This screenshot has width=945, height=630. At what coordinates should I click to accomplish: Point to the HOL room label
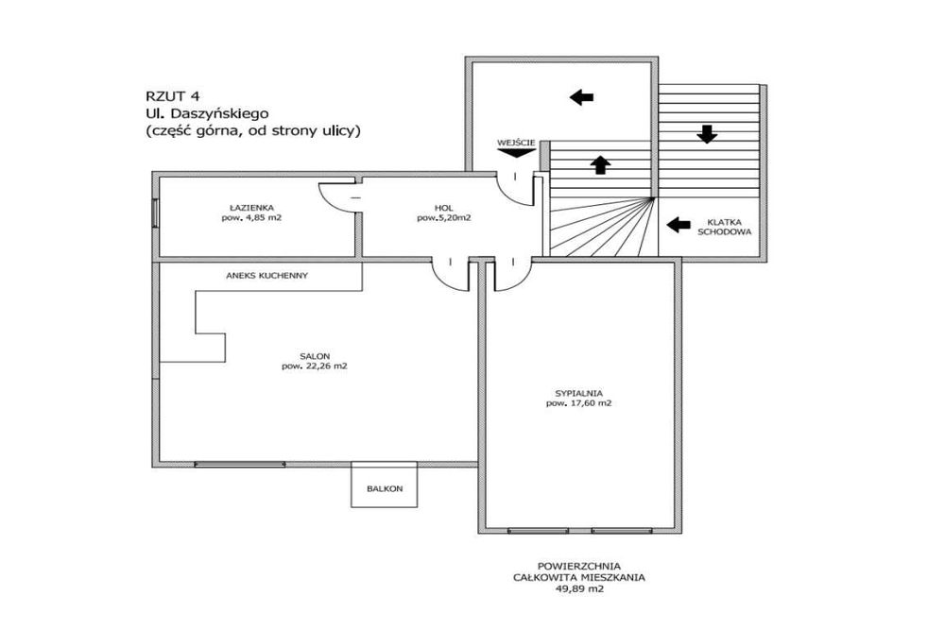pyautogui.click(x=444, y=207)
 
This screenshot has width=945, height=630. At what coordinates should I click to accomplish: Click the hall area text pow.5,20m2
pyautogui.click(x=444, y=218)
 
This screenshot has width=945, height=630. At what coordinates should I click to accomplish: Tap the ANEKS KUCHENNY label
pyautogui.click(x=267, y=276)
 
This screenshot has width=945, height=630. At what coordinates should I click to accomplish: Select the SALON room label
pyautogui.click(x=314, y=356)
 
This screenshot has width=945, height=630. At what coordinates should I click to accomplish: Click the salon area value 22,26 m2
pyautogui.click(x=314, y=367)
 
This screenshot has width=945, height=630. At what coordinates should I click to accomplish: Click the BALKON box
pyautogui.click(x=385, y=488)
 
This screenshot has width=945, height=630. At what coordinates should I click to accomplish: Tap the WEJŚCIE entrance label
pyautogui.click(x=516, y=144)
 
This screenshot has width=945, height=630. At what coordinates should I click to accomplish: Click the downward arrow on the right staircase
pyautogui.click(x=706, y=133)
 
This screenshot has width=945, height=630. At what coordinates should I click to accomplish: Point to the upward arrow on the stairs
pyautogui.click(x=598, y=164)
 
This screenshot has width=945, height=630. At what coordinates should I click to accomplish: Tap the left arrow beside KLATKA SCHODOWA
pyautogui.click(x=678, y=225)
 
